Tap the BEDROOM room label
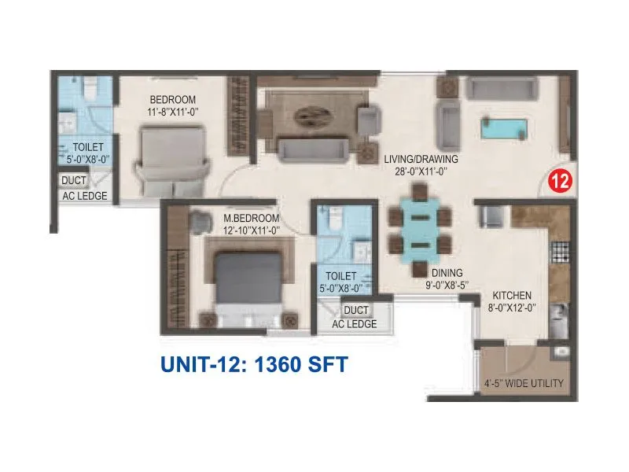[172, 100]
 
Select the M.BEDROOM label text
[252, 218]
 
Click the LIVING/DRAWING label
[421, 158]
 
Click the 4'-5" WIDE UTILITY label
[523, 385]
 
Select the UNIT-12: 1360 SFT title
[254, 365]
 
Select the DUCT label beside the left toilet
[75, 181]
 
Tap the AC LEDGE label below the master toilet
[354, 324]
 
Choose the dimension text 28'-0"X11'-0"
[421, 171]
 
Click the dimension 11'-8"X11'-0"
[172, 112]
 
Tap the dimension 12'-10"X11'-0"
[252, 230]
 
